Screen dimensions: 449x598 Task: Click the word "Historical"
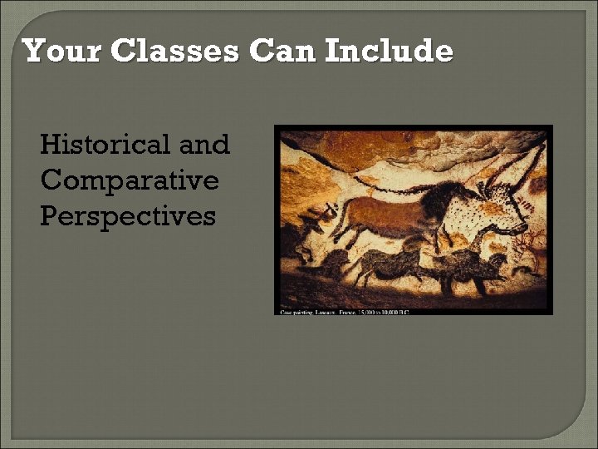pos(105,145)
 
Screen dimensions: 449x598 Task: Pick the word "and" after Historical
pos(204,145)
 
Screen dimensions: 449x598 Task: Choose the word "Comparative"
pos(129,180)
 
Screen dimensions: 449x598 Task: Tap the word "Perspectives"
pos(127,216)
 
